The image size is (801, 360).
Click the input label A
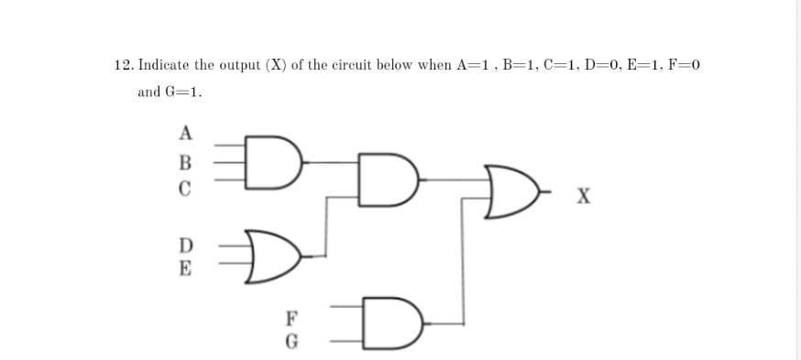point(185,133)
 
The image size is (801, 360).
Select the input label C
point(185,191)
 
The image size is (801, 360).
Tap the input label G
point(291,345)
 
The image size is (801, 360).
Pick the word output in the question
point(242,65)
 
